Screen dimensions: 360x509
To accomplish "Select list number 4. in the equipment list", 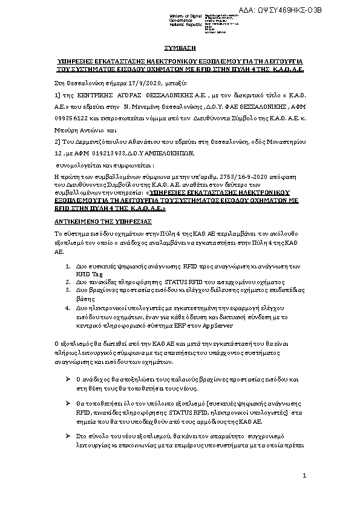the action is pos(67,307).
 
